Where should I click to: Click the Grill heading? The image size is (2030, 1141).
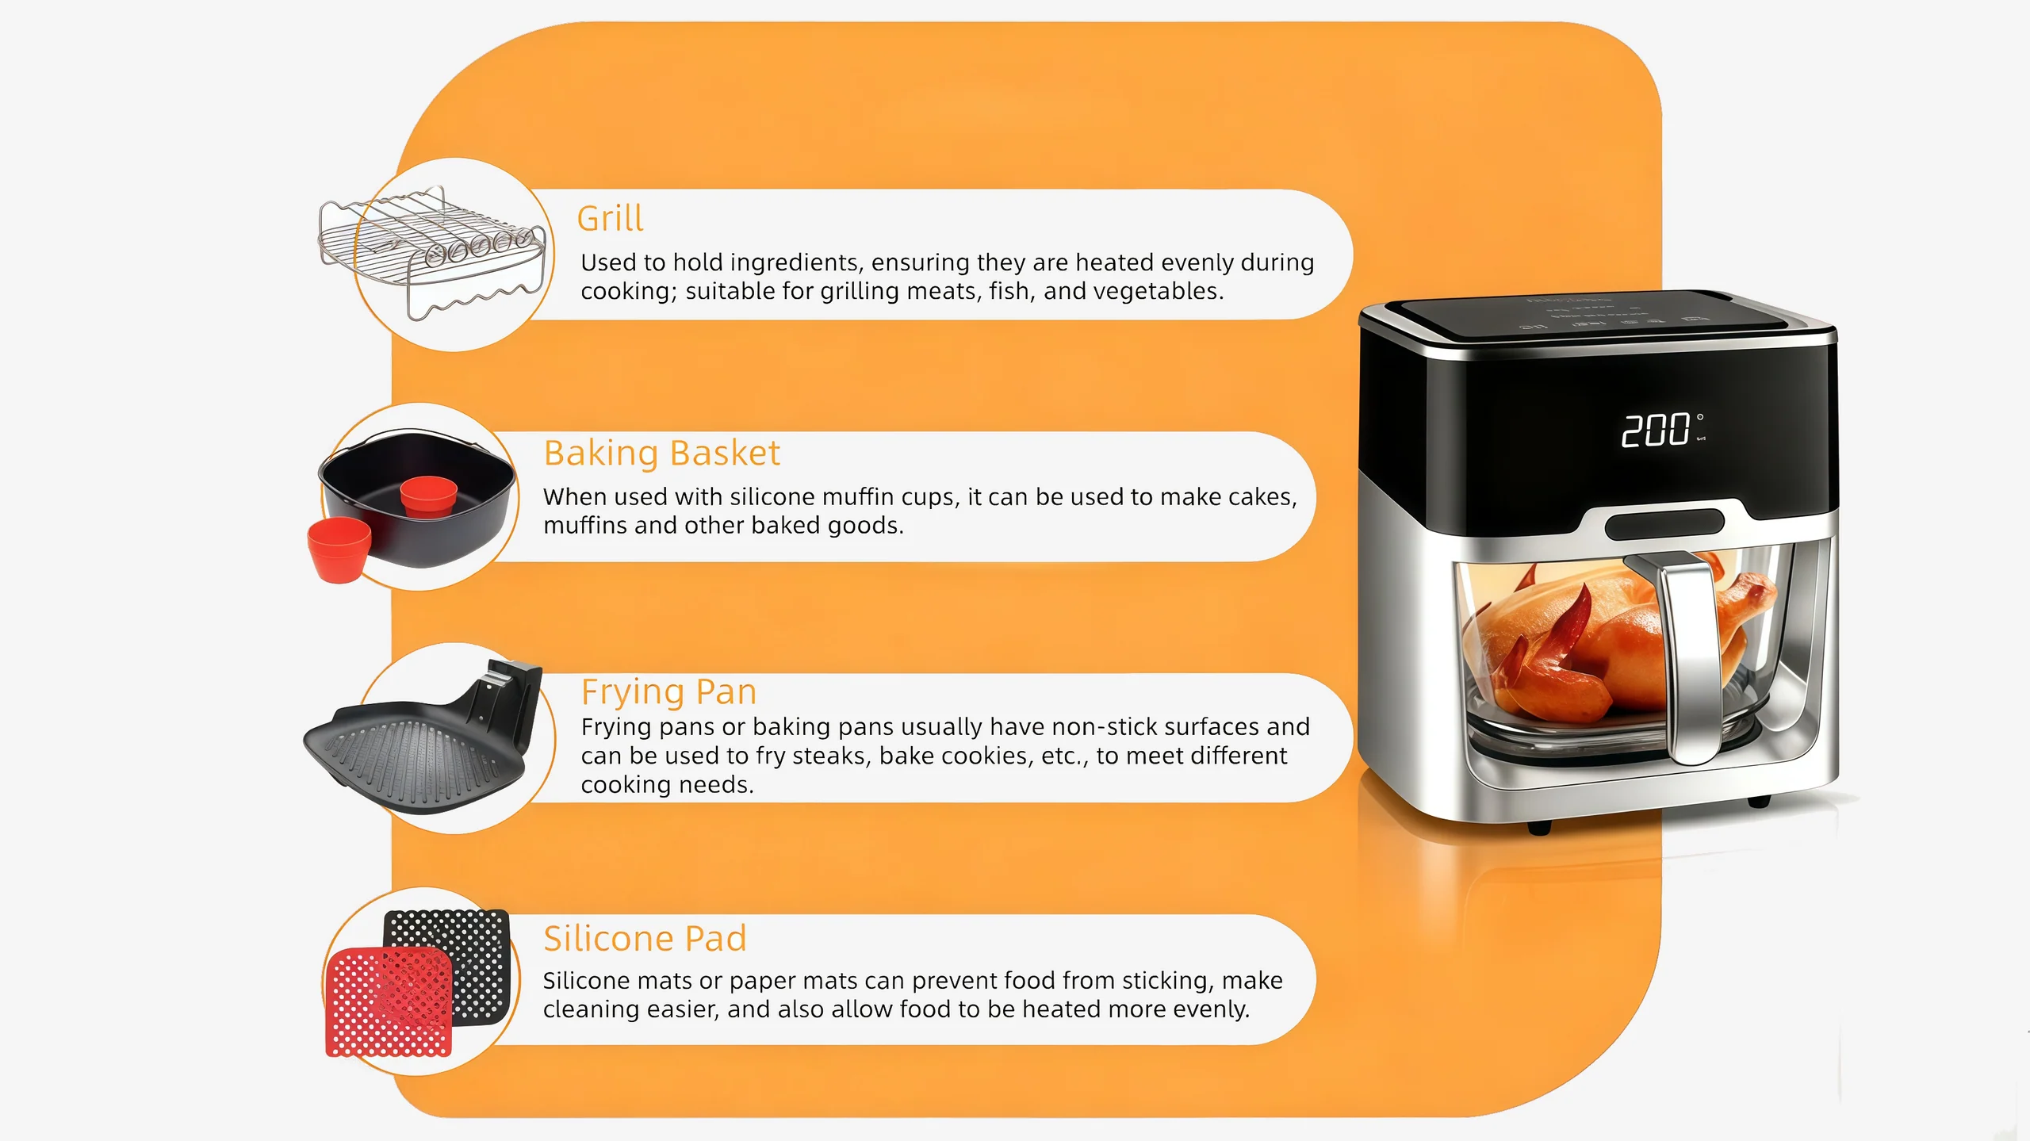click(610, 218)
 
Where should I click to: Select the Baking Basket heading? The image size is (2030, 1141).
click(662, 454)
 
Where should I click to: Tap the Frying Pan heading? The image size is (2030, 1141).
click(668, 692)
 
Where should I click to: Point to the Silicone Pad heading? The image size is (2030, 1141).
click(645, 939)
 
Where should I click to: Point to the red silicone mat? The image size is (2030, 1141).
click(389, 1002)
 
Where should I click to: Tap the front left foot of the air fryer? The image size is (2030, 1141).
click(1539, 828)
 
